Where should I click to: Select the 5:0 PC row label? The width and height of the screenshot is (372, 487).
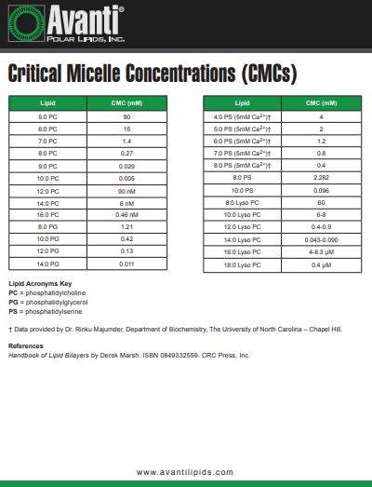point(48,116)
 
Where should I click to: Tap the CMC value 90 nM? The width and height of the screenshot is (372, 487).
point(126,190)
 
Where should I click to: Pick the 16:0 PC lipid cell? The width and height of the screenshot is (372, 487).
point(48,214)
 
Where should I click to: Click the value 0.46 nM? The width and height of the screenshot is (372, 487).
point(126,214)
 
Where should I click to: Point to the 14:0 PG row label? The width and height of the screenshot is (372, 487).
point(48,264)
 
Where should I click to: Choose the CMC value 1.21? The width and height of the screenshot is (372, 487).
point(126,226)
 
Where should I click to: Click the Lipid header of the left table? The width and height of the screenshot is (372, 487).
point(48,102)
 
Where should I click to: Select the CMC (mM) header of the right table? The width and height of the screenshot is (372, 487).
point(321,102)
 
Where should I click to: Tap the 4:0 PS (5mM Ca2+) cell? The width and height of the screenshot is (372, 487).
point(242,116)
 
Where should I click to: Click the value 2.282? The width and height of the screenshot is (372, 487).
point(321,177)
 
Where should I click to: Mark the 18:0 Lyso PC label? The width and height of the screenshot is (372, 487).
point(242,264)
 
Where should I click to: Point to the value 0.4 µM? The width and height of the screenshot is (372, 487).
point(321,264)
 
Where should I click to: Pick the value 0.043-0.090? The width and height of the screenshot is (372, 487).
point(321,238)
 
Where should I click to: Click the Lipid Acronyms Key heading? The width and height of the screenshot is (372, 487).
point(40,283)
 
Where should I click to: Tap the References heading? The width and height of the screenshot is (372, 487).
point(26,346)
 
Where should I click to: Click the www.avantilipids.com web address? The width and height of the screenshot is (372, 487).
point(185,472)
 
